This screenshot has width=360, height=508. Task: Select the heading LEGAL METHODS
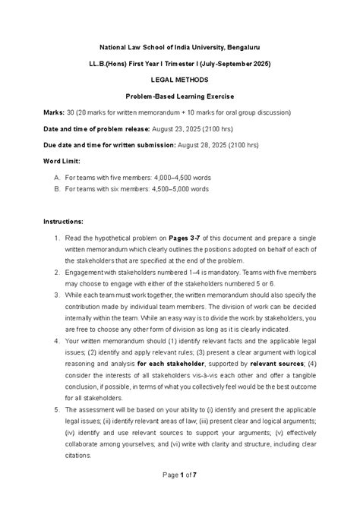[180, 79]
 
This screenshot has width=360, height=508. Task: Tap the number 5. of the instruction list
[57, 408]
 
